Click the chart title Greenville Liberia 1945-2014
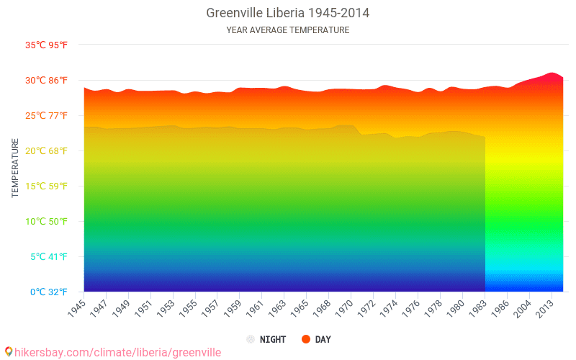(288, 13)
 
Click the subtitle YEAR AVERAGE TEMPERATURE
(288, 30)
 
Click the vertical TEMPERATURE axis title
(15, 168)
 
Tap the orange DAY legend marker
(306, 339)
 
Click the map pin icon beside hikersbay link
(8, 352)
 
